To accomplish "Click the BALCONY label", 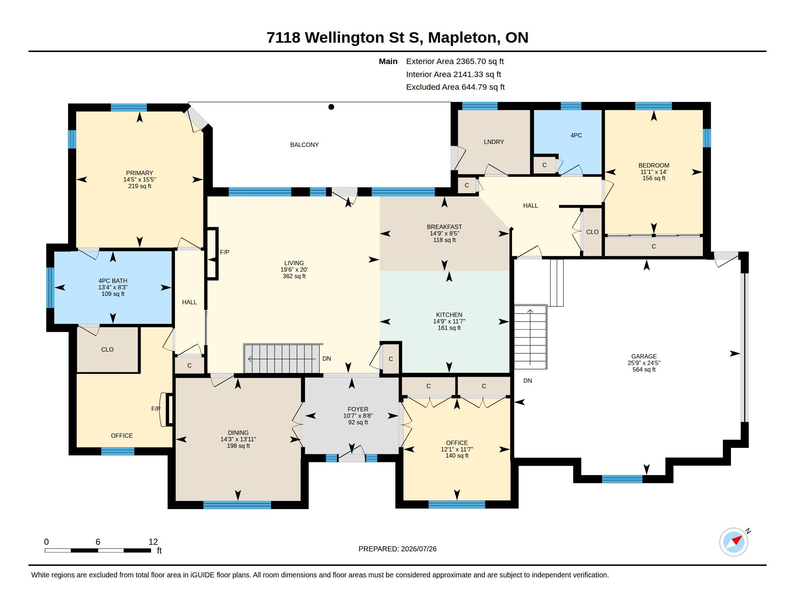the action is point(304,145).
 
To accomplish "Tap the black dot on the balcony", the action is point(331,107).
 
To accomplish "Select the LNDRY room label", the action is point(494,142).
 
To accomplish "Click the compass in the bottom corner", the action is point(734,542).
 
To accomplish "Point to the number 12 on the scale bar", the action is point(153,542).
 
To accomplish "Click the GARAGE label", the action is point(644,356).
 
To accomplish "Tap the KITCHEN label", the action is point(449,315).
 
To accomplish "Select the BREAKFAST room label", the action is point(444,227).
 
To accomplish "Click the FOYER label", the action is point(358,409).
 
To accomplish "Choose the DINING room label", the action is point(239,433).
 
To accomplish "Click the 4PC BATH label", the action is point(113,281).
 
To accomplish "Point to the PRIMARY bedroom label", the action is point(139,173).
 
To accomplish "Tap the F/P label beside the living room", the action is point(225,252).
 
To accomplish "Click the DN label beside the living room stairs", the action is point(327,359).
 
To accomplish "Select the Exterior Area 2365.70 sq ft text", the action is point(455,61).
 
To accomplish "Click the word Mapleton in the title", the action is point(462,38).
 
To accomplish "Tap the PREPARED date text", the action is point(397,549).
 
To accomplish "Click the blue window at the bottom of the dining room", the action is point(237,505).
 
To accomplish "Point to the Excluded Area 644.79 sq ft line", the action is point(455,87).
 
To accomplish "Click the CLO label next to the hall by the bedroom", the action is point(592,232).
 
